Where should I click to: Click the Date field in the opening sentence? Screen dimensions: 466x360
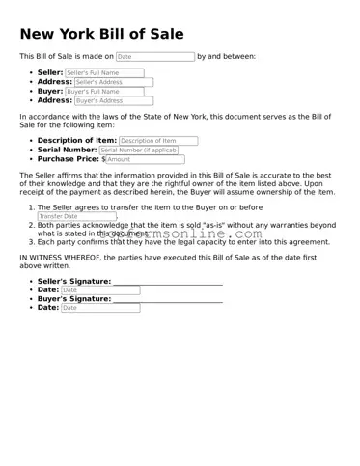point(155,57)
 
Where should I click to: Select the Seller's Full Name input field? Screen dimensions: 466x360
point(104,73)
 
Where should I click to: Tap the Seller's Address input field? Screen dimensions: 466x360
point(113,82)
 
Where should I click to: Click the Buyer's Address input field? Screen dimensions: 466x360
point(113,100)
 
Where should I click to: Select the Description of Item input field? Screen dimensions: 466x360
point(157,141)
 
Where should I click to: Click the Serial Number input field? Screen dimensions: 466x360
point(138,151)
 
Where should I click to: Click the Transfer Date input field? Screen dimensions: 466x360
point(76,216)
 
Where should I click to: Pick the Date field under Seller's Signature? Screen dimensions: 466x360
point(100,289)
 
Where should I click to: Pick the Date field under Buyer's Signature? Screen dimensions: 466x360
point(100,308)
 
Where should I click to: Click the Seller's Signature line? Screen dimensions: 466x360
point(167,282)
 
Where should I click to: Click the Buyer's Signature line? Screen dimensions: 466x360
point(167,299)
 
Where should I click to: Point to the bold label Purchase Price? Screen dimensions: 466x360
point(69,159)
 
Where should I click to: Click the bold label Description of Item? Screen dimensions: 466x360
point(76,141)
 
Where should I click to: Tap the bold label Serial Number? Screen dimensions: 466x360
point(67,151)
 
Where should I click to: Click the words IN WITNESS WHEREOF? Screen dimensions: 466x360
point(60,258)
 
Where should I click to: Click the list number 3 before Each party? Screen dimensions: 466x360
point(31,242)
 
